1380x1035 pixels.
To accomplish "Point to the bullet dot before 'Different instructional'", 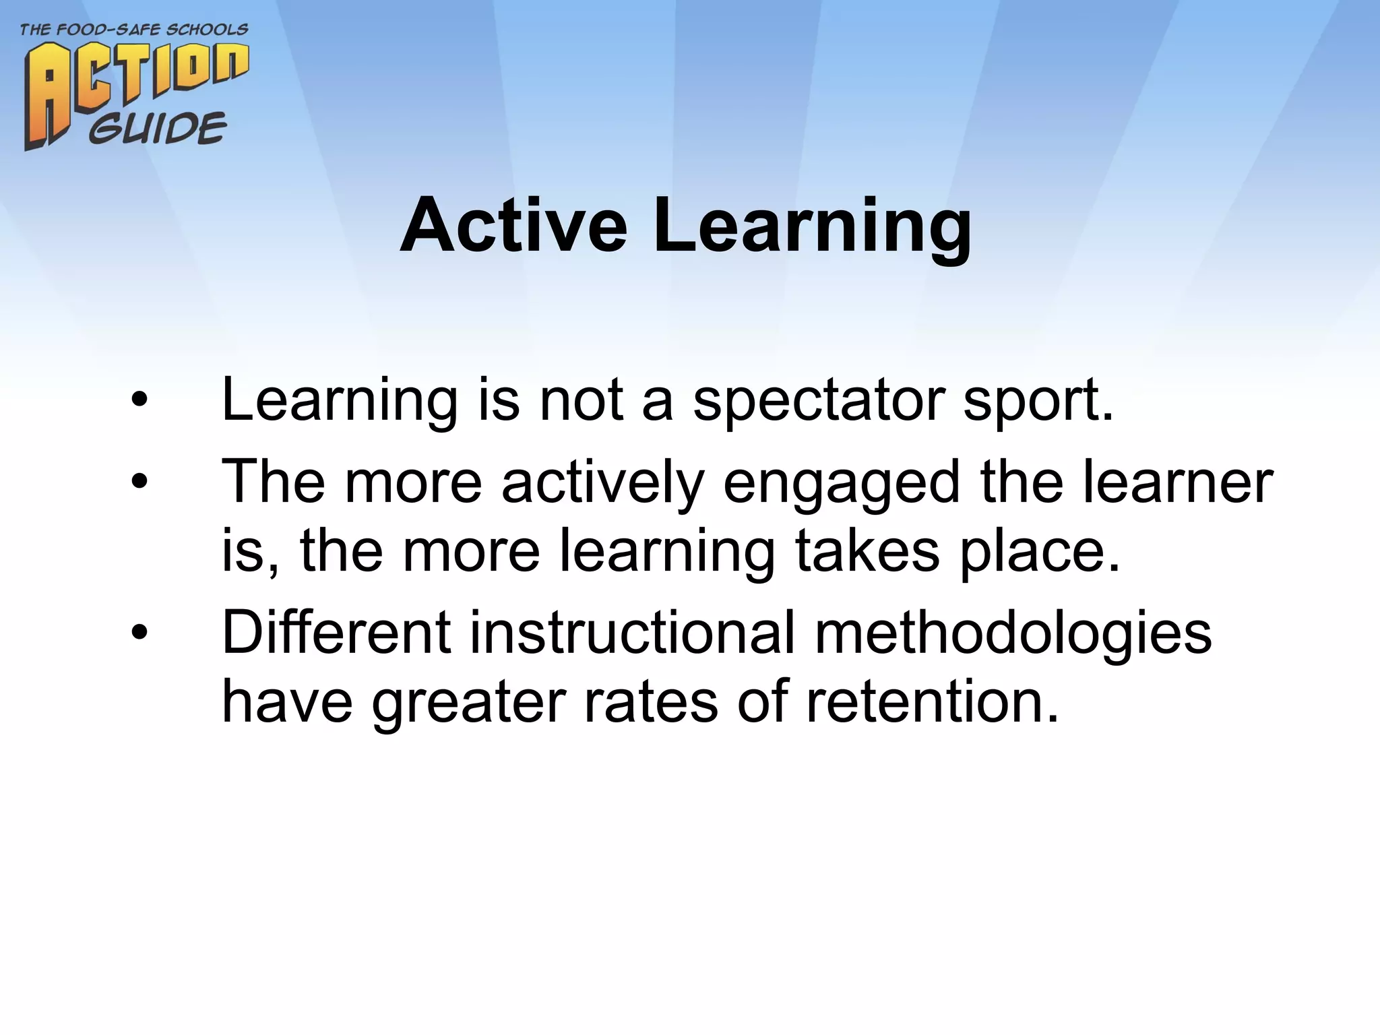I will click(139, 633).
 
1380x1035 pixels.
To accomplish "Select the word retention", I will click(933, 702).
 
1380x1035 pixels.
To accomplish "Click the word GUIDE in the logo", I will click(158, 128).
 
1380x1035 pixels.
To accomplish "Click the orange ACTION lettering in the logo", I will click(135, 81).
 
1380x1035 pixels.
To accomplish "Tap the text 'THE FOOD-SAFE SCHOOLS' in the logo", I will click(134, 30).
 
